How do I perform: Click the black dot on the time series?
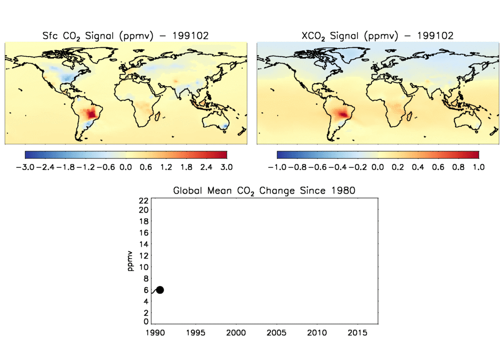click(159, 290)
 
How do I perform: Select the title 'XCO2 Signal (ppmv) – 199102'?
click(377, 35)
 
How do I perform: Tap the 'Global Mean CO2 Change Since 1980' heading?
click(264, 191)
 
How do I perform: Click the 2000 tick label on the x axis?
click(236, 333)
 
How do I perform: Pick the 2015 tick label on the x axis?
click(357, 333)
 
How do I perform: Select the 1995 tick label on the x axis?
click(195, 333)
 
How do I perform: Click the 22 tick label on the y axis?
click(144, 200)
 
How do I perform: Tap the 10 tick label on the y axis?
click(144, 267)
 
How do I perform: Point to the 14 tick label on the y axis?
click(144, 245)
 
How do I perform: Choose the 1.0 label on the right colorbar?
click(478, 167)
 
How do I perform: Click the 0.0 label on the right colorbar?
click(378, 167)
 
